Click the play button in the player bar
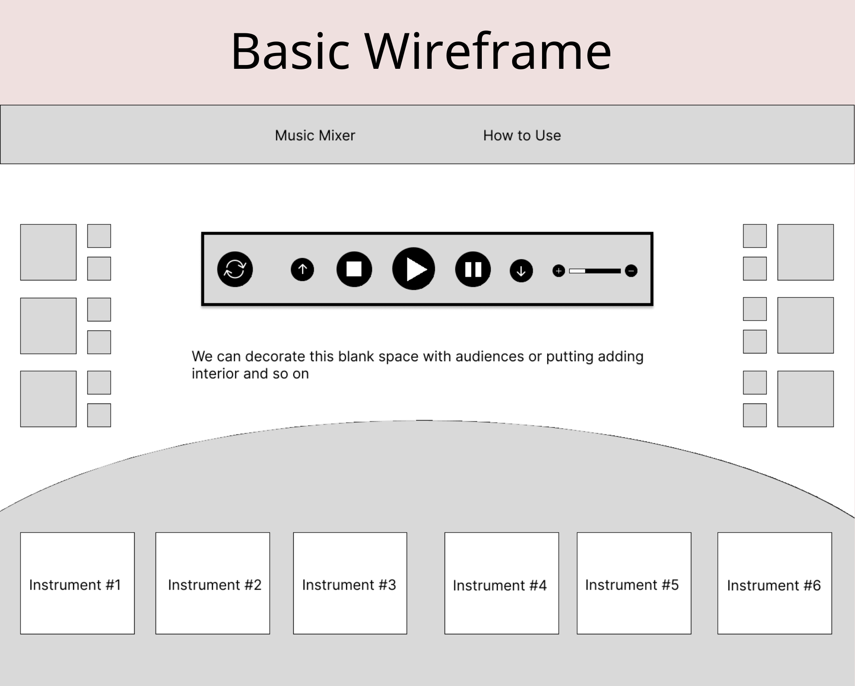[413, 269]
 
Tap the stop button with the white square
[354, 269]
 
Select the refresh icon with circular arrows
[235, 269]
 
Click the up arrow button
[302, 269]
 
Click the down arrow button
[521, 271]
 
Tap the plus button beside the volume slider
[558, 271]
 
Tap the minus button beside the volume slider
[631, 271]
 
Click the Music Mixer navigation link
[315, 135]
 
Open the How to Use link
[522, 135]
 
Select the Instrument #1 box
[77, 583]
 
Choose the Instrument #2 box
[212, 583]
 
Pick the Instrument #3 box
[350, 583]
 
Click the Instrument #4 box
[501, 583]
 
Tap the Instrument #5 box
[634, 583]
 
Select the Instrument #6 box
[774, 583]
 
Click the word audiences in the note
[489, 356]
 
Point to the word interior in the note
[215, 374]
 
